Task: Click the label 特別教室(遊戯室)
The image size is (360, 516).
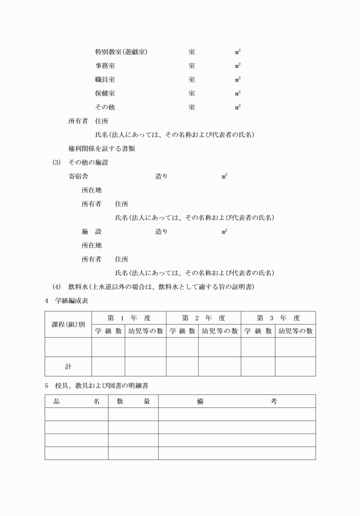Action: point(122,52)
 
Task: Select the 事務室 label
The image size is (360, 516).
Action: point(105,66)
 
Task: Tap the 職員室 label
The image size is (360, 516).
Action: point(105,79)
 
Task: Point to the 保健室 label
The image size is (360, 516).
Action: point(105,93)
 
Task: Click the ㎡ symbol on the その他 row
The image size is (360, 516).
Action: point(237,107)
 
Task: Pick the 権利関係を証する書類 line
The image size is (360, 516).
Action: point(102,149)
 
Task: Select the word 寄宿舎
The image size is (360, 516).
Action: point(78,177)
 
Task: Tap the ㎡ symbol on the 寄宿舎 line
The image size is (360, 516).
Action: point(225,177)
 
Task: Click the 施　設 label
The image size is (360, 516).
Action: point(91,231)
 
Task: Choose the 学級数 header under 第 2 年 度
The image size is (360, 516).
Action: point(182,331)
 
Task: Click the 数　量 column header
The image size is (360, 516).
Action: point(133,401)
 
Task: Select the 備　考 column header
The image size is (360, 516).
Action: point(237,401)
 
